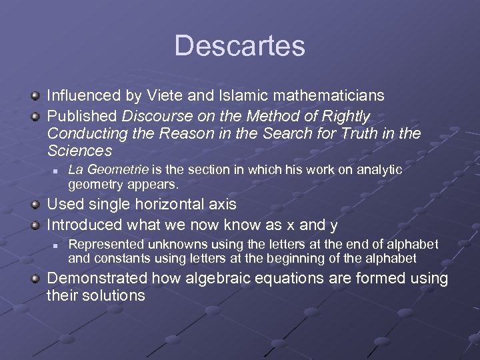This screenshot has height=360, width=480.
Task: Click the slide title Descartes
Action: point(240,46)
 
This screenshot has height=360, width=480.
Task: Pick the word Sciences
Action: point(80,151)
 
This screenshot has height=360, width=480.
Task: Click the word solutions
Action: point(115,295)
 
